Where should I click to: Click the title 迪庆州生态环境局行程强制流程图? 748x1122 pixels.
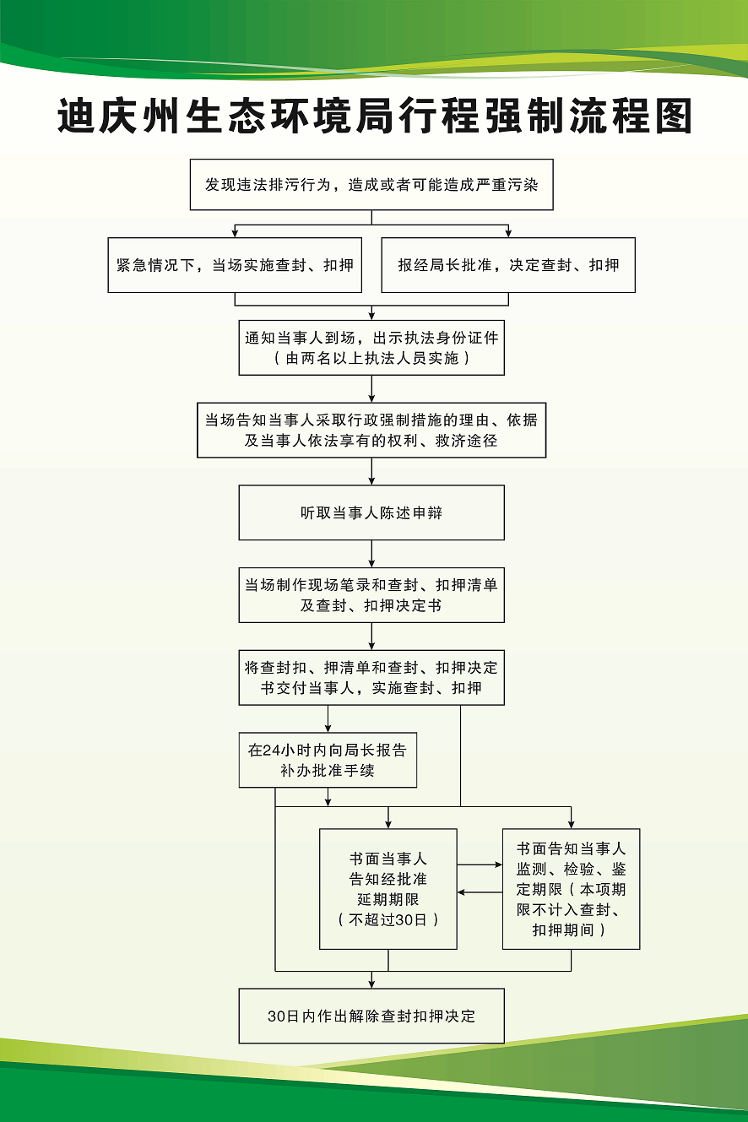(374, 116)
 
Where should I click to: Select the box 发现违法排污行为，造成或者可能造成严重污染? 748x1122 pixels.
(371, 184)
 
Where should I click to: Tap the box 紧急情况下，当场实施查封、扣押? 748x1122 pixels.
(235, 265)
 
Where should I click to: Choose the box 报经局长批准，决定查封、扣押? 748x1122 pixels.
(508, 265)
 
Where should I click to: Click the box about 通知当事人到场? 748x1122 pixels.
(371, 339)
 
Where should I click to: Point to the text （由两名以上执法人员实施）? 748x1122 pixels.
(371, 359)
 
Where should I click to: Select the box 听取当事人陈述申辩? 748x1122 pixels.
(371, 512)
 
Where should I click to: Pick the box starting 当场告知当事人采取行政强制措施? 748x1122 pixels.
(371, 430)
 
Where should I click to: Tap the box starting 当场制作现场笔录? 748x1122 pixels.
(371, 595)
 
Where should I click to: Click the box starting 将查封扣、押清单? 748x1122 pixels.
(371, 677)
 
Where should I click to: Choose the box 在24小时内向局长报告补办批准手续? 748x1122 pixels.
(328, 760)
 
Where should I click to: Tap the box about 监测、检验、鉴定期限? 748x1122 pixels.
(571, 889)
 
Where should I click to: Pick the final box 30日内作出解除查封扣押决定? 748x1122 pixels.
(371, 1016)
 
